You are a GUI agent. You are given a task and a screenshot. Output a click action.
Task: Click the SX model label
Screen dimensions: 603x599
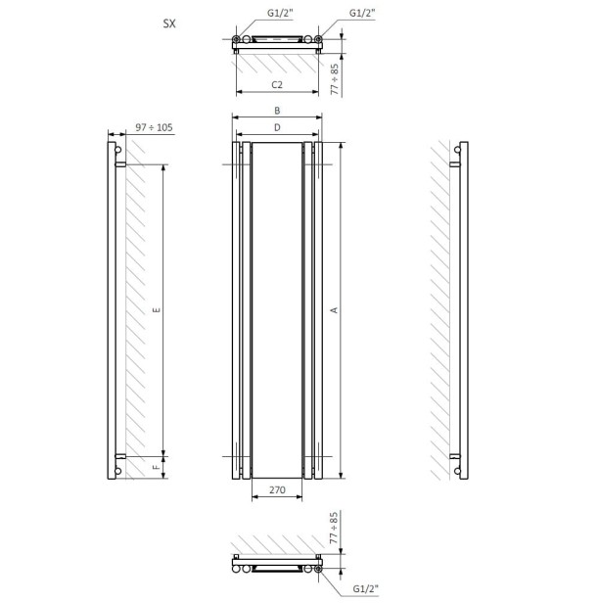(169, 21)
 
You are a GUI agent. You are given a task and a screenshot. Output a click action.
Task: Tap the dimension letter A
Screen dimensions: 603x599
(334, 310)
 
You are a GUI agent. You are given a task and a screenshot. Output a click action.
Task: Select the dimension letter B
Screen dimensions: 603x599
(277, 112)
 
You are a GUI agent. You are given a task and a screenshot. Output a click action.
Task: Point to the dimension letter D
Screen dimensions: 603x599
(277, 128)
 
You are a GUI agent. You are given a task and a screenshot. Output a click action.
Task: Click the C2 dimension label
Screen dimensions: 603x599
(277, 86)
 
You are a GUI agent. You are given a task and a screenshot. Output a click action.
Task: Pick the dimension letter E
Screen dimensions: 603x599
(157, 310)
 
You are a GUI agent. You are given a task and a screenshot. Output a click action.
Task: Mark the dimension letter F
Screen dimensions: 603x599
(157, 469)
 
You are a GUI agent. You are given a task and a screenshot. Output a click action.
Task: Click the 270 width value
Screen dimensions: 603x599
(277, 489)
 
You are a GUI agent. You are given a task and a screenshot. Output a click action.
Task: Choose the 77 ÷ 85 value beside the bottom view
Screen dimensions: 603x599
(335, 529)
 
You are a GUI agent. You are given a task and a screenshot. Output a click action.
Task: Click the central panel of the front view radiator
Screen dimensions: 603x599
(277, 310)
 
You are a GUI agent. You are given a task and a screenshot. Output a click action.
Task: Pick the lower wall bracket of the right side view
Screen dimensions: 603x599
(454, 456)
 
